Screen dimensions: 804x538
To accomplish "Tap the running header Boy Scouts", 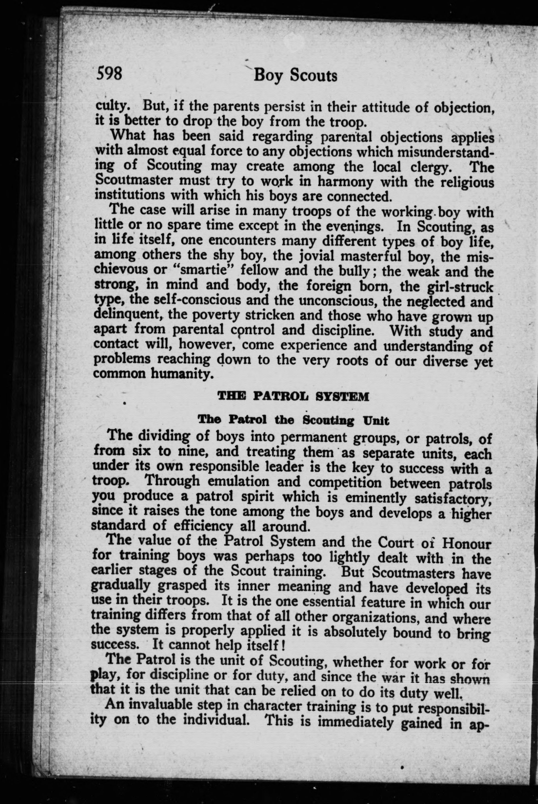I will (295, 76).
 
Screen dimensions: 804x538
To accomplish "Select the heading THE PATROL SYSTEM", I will (293, 397).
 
